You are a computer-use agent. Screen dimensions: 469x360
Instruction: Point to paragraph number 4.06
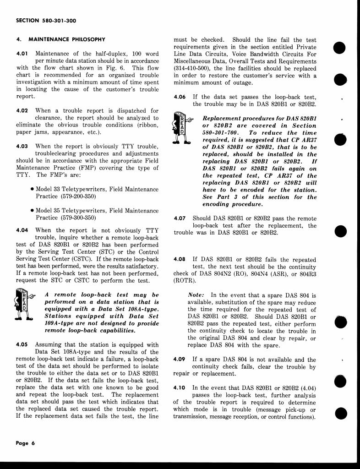(180, 97)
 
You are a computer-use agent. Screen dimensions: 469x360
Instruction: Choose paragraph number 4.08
(180, 259)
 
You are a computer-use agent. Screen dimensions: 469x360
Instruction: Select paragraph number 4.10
(180, 387)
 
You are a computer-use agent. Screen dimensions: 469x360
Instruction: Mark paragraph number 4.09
(180, 360)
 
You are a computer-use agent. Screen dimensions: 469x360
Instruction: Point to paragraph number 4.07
(180, 218)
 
